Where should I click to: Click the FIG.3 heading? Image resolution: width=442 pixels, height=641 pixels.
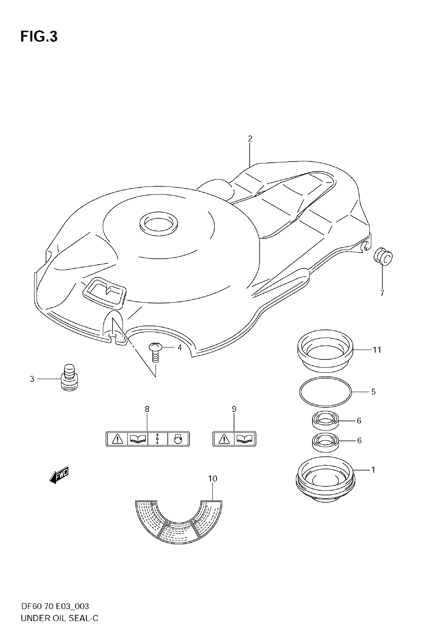click(x=39, y=37)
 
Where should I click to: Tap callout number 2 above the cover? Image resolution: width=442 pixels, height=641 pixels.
click(x=250, y=139)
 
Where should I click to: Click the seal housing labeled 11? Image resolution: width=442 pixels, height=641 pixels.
click(x=325, y=351)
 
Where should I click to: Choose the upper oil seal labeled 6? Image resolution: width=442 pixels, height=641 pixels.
click(x=326, y=421)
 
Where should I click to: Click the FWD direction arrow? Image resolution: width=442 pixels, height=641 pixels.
click(x=59, y=476)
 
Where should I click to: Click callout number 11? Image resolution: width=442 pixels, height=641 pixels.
click(x=377, y=350)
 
